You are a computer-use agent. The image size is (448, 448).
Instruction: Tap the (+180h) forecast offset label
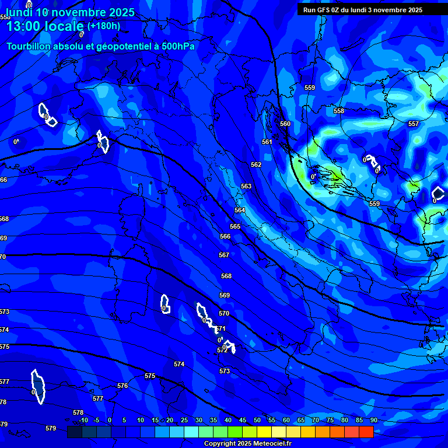[103, 26]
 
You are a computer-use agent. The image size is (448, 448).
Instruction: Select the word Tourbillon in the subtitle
[29, 46]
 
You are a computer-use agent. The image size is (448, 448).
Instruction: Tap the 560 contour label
[285, 124]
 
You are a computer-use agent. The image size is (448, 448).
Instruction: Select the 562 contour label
[256, 165]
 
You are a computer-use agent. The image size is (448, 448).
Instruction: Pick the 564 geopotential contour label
[240, 210]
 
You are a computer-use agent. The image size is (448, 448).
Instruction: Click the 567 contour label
[224, 255]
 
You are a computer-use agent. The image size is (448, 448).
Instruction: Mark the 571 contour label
[220, 328]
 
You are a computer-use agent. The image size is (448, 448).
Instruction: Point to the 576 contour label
[123, 386]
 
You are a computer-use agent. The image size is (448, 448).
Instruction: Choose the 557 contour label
[414, 124]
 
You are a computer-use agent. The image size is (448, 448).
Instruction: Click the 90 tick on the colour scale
[373, 420]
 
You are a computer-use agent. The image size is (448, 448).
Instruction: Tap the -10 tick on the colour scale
[83, 420]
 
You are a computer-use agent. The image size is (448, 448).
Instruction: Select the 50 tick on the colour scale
[257, 420]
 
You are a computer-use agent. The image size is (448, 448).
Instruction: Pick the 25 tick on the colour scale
[184, 420]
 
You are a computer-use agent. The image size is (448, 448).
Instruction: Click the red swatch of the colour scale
[366, 432]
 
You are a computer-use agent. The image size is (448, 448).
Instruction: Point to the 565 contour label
[235, 226]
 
